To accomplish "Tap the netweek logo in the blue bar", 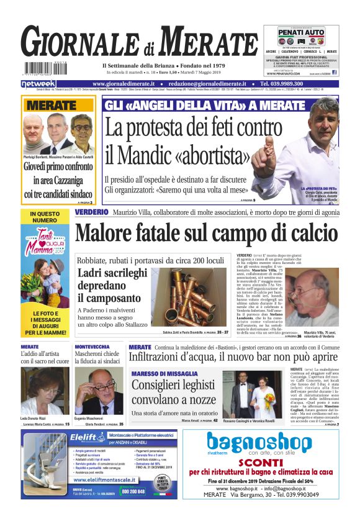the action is click(x=38, y=83).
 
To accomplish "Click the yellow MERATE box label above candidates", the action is click(x=52, y=106).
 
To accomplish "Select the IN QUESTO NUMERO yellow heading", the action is click(x=44, y=216).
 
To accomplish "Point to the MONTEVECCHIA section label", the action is click(x=92, y=347).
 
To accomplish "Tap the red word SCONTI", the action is click(x=260, y=465).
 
